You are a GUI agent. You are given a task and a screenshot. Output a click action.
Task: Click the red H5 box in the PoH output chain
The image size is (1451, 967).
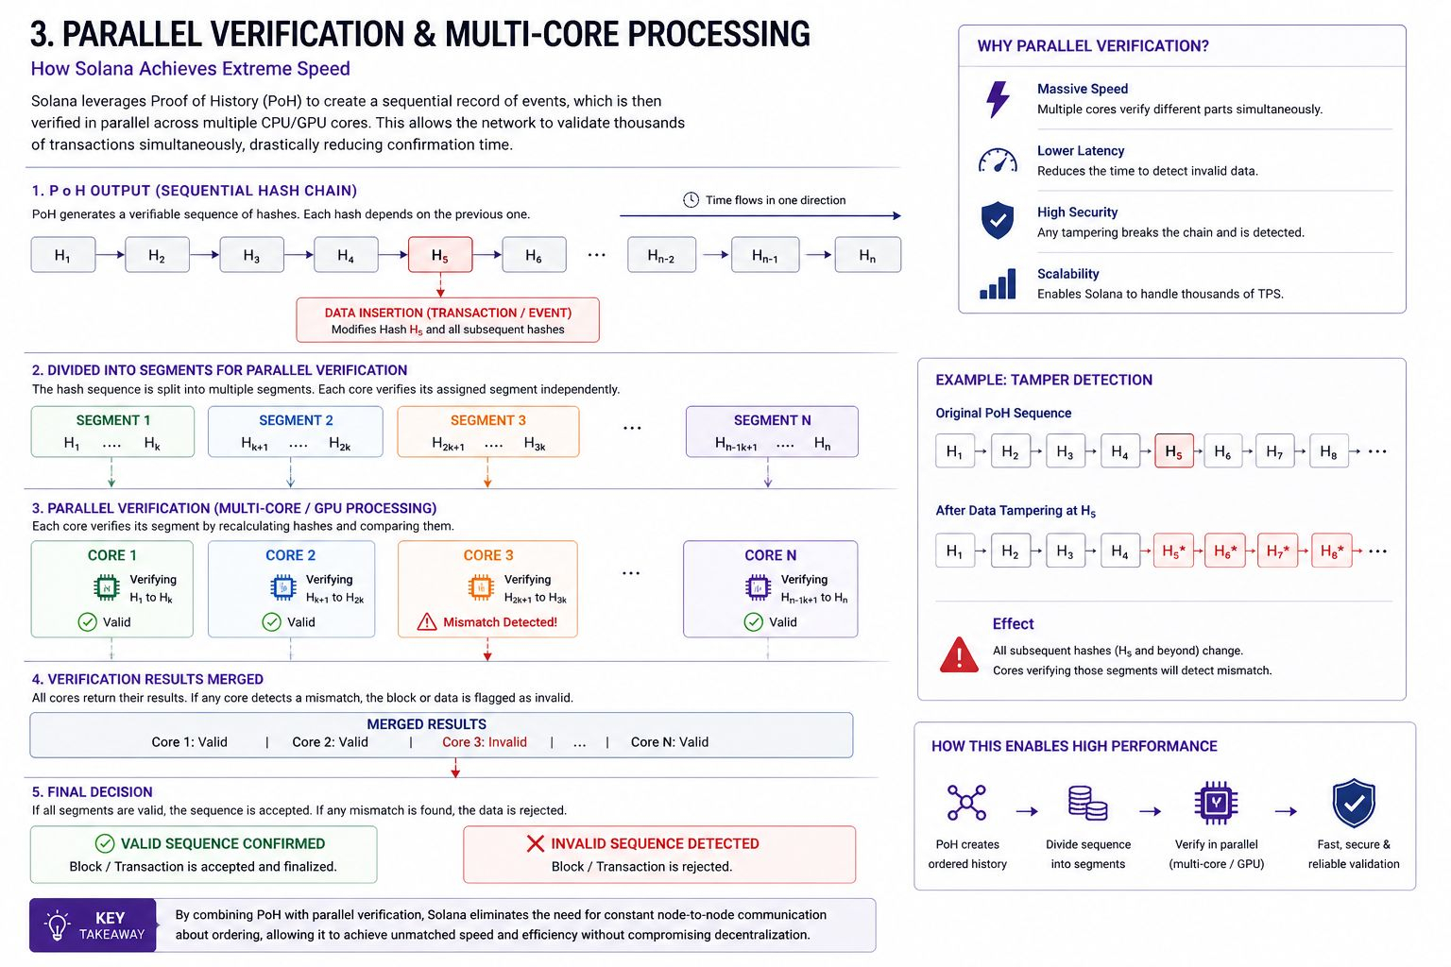440,255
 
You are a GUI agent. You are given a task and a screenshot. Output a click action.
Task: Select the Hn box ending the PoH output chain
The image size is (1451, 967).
867,255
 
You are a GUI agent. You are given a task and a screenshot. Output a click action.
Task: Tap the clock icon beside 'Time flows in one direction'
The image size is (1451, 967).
691,200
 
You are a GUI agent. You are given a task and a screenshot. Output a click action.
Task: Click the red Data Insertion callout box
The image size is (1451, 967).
448,320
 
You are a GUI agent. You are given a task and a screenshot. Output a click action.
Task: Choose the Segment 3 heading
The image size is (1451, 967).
487,420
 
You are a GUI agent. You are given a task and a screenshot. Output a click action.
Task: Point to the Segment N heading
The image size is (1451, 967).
772,420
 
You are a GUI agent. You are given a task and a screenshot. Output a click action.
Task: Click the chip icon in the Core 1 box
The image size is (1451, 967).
107,588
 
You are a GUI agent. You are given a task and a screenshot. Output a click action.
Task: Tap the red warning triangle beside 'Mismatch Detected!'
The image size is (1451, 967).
427,622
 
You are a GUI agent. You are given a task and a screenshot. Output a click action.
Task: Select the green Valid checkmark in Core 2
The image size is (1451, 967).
271,622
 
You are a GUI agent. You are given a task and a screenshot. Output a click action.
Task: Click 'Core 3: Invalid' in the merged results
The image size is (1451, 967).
485,742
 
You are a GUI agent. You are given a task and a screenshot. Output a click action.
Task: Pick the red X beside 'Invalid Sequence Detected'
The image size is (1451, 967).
536,843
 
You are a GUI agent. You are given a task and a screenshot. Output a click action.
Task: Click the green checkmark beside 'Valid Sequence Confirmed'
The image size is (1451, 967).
105,843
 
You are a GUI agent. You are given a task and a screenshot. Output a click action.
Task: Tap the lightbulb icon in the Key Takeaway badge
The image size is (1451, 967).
58,925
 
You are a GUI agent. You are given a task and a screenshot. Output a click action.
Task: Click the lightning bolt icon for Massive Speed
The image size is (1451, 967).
998,99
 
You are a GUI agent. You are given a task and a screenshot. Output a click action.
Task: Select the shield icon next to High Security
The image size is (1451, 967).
998,221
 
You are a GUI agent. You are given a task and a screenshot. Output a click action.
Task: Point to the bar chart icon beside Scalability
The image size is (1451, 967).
998,283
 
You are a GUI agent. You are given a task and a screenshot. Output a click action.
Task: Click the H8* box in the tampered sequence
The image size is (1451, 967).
1332,551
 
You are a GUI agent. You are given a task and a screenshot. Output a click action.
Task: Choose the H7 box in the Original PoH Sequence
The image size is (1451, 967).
1274,451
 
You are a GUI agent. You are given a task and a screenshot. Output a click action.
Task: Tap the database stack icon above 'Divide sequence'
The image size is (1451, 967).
1087,803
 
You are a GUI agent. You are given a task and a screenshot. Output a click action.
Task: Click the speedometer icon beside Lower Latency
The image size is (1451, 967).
998,161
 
